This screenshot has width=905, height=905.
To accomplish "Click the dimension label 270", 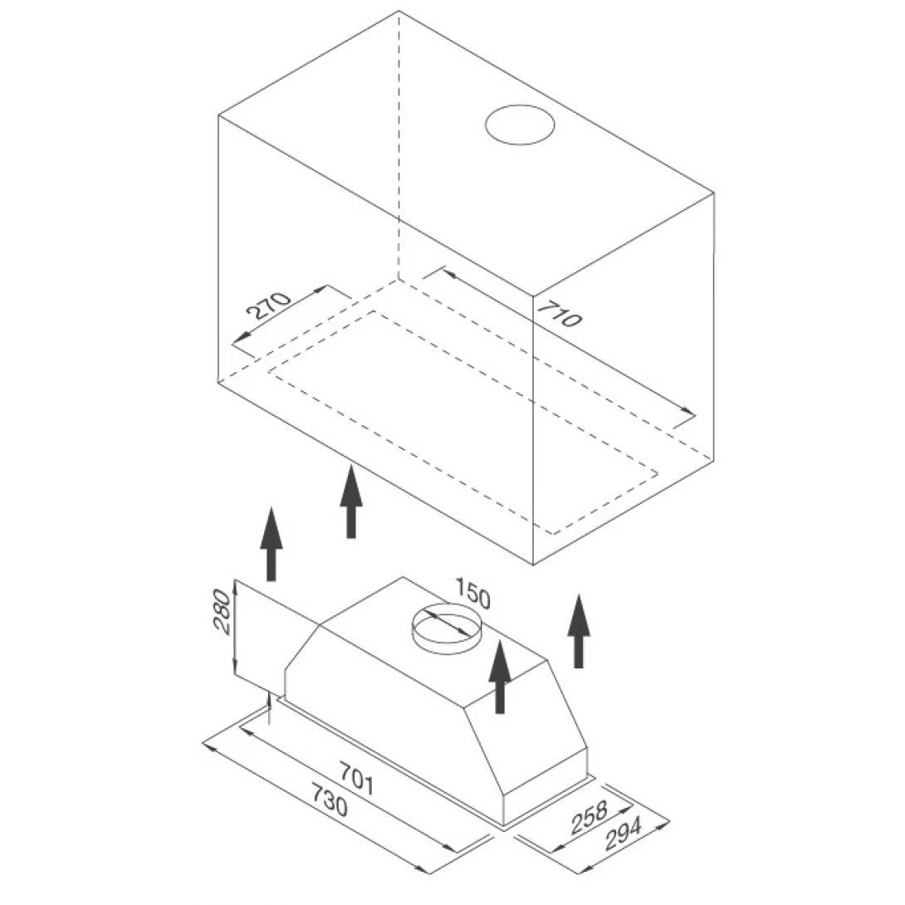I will point(268,307).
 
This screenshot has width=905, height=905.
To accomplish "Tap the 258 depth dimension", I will point(589,818).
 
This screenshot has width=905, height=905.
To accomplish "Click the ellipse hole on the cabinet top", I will point(520,125).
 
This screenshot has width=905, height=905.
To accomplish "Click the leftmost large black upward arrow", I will point(271,544).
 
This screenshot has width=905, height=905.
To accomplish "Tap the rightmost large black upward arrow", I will point(579,631).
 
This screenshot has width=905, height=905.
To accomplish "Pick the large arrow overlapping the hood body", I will point(499,676).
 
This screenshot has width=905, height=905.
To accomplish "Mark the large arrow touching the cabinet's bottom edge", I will point(351,501).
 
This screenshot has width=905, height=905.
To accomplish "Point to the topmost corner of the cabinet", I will point(399,11).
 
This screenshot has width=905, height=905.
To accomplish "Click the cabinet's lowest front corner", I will point(533,565).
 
